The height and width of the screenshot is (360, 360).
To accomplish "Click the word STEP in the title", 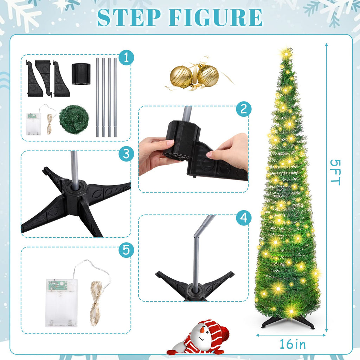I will click(x=129, y=17).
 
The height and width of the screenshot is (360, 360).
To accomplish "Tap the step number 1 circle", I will click(x=126, y=57).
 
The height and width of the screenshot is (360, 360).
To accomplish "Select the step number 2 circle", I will click(x=244, y=109).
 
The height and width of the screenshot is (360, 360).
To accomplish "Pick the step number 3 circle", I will click(x=126, y=154).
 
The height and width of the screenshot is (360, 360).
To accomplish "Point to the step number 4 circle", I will click(x=244, y=218).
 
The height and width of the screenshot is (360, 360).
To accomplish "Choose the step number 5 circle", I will click(x=126, y=250).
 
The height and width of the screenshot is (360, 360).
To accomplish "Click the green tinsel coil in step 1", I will click(x=72, y=118).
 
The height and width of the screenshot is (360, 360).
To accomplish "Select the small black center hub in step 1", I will click(x=81, y=73).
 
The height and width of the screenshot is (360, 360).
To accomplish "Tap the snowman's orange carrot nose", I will click(x=202, y=330).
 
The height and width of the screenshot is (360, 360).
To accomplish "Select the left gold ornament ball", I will click(x=181, y=77).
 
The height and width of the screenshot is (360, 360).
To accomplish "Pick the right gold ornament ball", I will click(x=207, y=76).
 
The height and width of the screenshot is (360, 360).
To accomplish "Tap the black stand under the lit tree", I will click(x=288, y=322).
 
